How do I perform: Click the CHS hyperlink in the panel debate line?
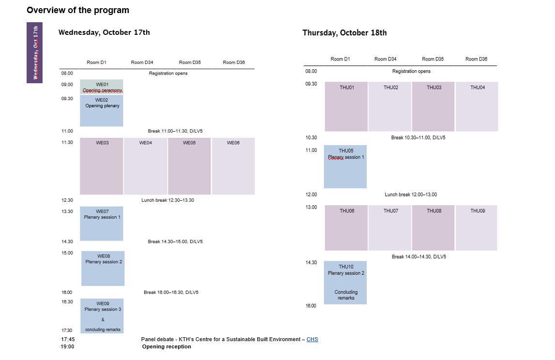(x=312, y=339)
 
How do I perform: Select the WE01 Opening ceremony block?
(x=102, y=87)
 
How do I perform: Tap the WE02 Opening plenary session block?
(x=102, y=110)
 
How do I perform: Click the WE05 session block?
(x=189, y=166)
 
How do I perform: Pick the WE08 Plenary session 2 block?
(x=103, y=268)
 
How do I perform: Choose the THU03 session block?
(x=433, y=106)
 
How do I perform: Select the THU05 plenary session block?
(x=345, y=166)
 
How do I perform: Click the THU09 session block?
(x=477, y=227)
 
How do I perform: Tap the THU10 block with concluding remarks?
(x=345, y=283)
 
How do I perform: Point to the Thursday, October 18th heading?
(x=345, y=33)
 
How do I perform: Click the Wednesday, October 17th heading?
(x=104, y=32)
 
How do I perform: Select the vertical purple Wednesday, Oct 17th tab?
(x=35, y=53)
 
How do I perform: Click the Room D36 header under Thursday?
(x=476, y=59)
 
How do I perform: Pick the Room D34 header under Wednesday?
(x=142, y=62)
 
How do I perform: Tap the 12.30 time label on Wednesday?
(x=67, y=200)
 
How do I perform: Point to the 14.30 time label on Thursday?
(x=311, y=262)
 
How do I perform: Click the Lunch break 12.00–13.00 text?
(x=411, y=195)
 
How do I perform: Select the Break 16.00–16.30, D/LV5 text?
(x=171, y=292)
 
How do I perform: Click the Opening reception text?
(x=166, y=346)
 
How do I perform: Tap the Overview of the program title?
(x=78, y=10)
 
